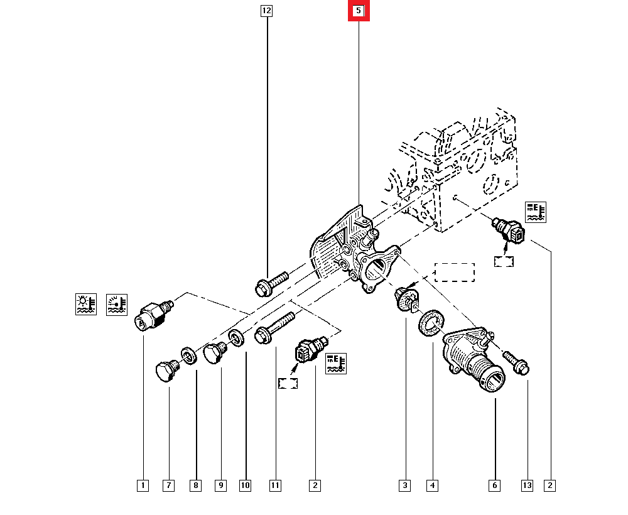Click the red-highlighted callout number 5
tap(359, 11)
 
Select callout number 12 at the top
tap(267, 11)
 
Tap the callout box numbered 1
tap(143, 485)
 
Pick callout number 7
tap(168, 485)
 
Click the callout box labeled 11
tap(275, 485)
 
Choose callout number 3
tap(405, 485)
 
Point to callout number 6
tap(495, 485)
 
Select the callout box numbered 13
tap(527, 485)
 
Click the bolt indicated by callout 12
tap(271, 283)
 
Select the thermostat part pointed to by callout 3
tap(406, 297)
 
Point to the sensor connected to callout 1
tap(153, 315)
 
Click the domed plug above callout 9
tap(216, 353)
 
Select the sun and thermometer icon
tap(86, 304)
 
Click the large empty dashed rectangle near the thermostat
tap(455, 273)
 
